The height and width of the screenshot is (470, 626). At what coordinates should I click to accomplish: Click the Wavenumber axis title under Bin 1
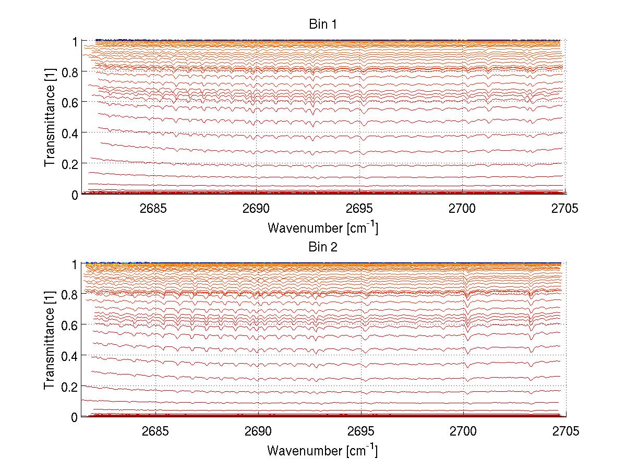[x=322, y=227]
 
